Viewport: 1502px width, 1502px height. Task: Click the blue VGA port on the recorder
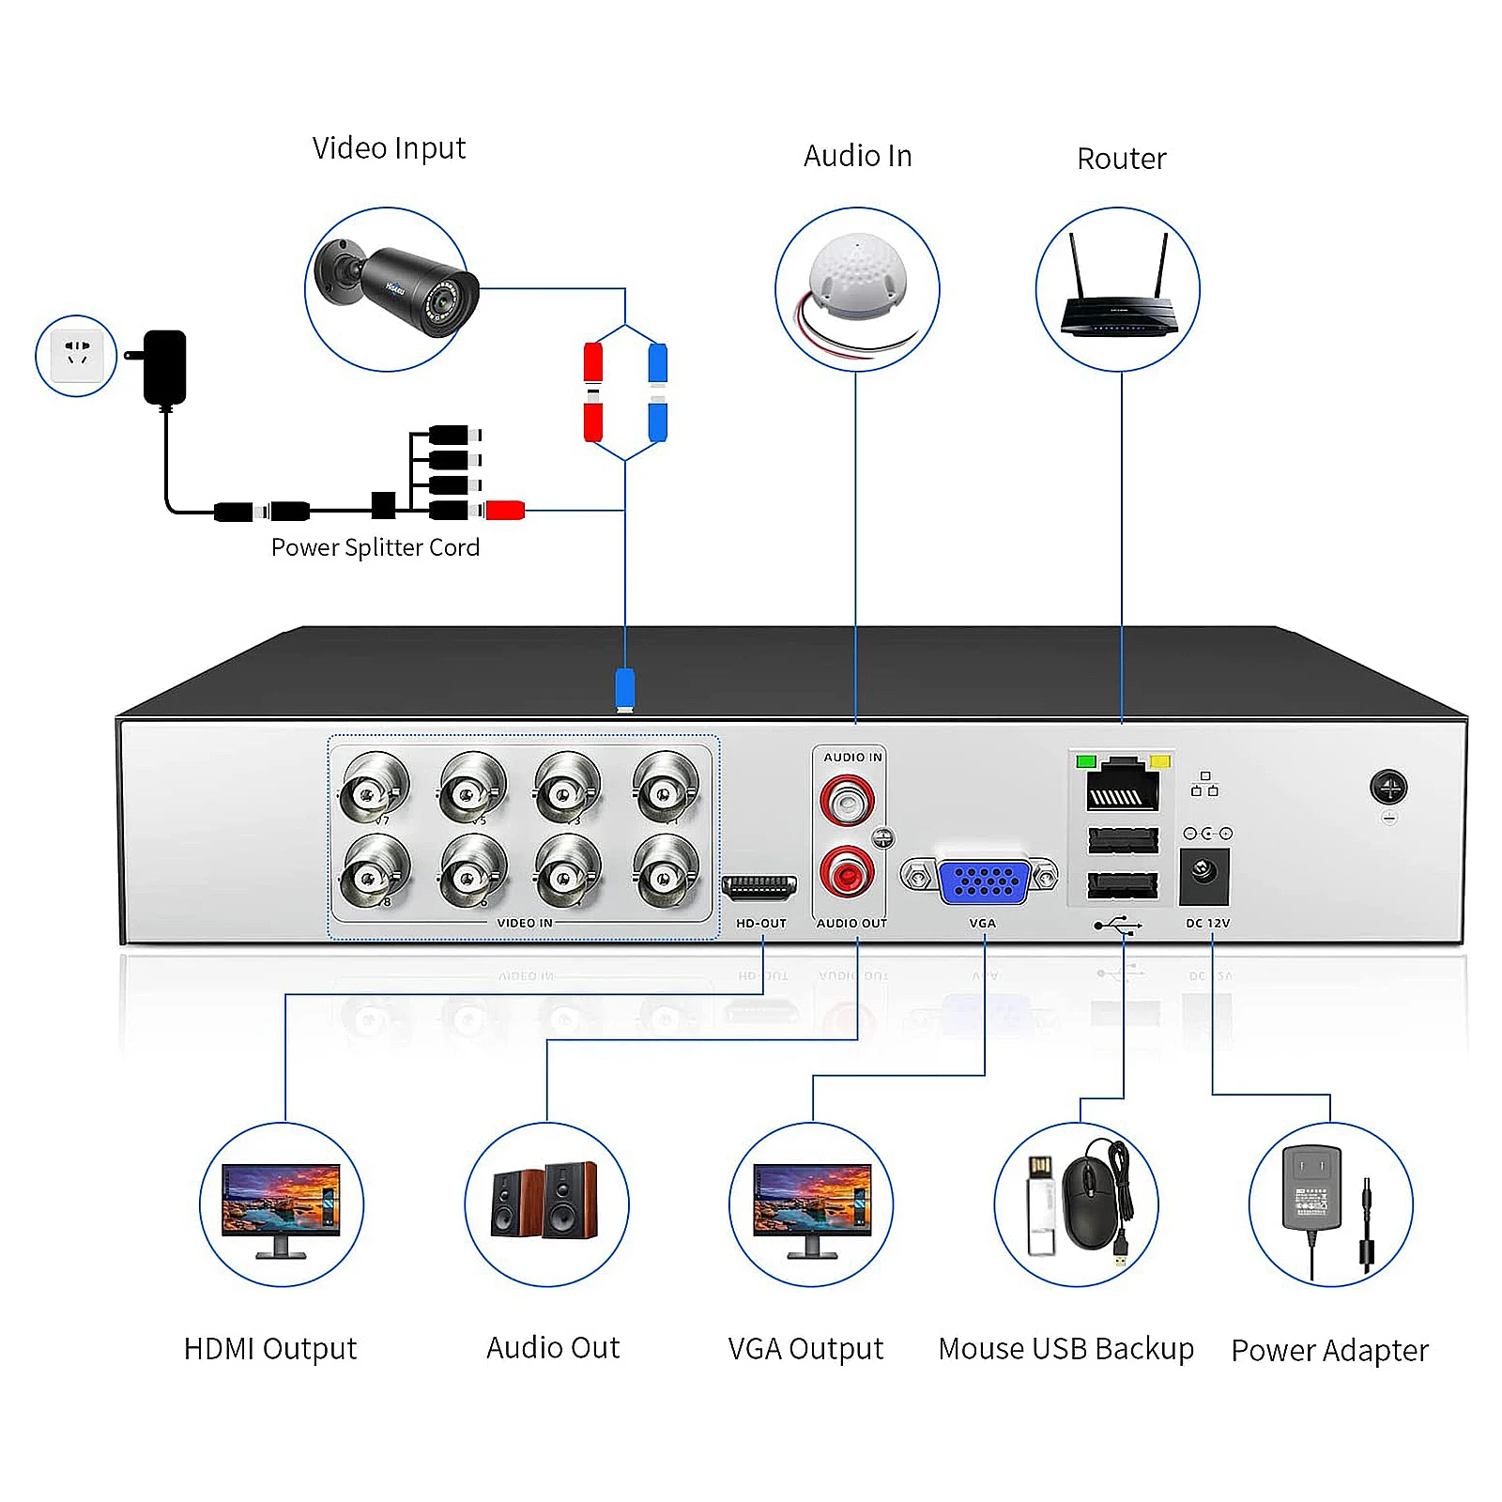(x=983, y=881)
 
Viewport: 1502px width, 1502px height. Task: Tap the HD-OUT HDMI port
(x=759, y=886)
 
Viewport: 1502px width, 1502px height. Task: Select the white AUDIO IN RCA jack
(x=847, y=800)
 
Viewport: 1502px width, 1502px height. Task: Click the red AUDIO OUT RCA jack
(x=847, y=872)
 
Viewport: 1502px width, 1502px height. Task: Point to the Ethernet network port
(x=1122, y=787)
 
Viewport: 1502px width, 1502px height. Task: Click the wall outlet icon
(x=76, y=355)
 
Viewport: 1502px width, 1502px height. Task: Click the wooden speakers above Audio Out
(x=545, y=1201)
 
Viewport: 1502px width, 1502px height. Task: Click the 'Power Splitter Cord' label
(x=375, y=547)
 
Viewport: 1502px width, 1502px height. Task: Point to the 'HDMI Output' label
(x=270, y=1348)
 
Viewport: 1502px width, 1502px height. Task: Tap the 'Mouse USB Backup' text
(x=1065, y=1348)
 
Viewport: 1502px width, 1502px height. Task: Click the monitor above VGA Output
(x=811, y=1205)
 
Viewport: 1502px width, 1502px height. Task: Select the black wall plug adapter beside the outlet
(x=163, y=366)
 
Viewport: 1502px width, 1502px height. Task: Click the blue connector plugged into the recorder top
(x=624, y=688)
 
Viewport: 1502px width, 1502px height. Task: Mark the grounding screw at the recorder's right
(x=1387, y=787)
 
